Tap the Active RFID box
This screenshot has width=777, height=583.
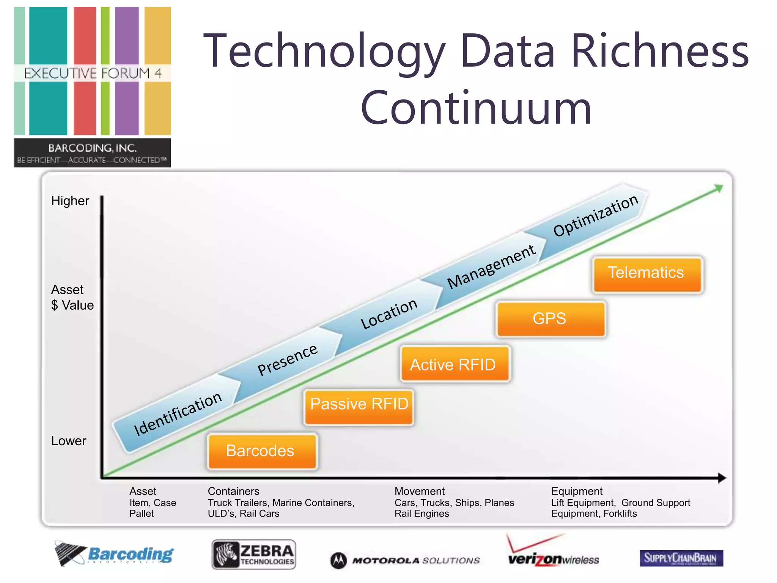point(455,364)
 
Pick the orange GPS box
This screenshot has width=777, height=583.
point(550,318)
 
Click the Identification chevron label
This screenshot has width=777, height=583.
point(178,414)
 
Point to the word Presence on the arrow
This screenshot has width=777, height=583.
point(287,359)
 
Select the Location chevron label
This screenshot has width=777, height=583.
point(388,313)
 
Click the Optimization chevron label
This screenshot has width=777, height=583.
point(596,215)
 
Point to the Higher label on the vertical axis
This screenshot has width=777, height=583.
point(70,201)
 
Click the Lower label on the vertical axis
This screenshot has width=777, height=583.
point(69,441)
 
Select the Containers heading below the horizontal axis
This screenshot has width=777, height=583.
point(233,491)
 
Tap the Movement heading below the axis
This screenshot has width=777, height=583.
point(419,491)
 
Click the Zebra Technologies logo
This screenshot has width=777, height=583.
point(253,555)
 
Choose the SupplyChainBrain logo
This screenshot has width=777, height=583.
point(681,558)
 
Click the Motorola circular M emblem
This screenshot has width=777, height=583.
point(338,560)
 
